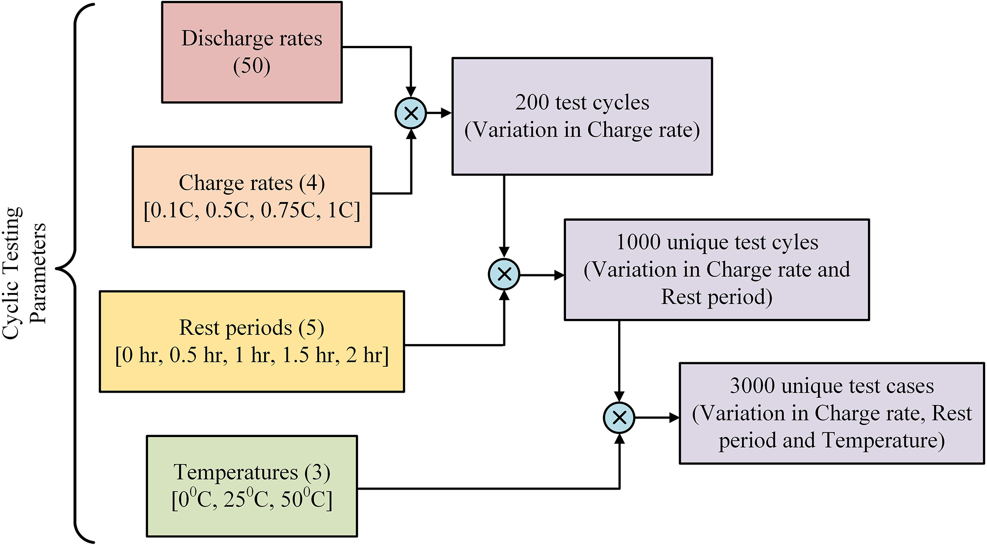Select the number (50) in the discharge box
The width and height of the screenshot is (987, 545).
(252, 66)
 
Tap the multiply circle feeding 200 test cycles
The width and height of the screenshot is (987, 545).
(411, 113)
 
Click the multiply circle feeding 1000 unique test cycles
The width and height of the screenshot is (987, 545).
(504, 274)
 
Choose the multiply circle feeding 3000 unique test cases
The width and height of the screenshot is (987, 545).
(619, 418)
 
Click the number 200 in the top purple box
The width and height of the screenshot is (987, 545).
(532, 103)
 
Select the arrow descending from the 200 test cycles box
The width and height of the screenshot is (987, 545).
(504, 214)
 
